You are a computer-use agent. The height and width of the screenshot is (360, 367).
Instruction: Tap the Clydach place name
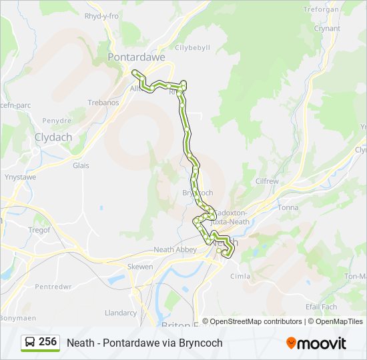click(x=53, y=137)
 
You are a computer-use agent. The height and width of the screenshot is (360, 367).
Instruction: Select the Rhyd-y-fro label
click(x=101, y=15)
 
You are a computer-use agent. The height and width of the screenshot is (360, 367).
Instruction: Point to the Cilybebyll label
click(x=192, y=48)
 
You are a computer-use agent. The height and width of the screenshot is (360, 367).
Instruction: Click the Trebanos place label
click(x=103, y=103)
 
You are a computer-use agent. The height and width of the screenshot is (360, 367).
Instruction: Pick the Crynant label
click(x=327, y=29)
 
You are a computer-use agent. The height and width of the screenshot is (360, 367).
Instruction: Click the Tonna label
click(x=288, y=207)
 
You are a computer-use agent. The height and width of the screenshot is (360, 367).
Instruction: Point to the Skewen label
click(x=140, y=267)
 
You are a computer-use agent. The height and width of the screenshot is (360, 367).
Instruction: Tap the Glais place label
click(x=81, y=165)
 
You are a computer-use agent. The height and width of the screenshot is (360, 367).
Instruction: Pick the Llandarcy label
click(x=121, y=313)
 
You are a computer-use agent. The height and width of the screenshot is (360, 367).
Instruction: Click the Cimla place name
click(x=240, y=276)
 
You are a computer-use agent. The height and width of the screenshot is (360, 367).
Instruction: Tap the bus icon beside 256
click(x=30, y=343)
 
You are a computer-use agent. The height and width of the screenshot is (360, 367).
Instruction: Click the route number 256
click(x=47, y=342)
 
